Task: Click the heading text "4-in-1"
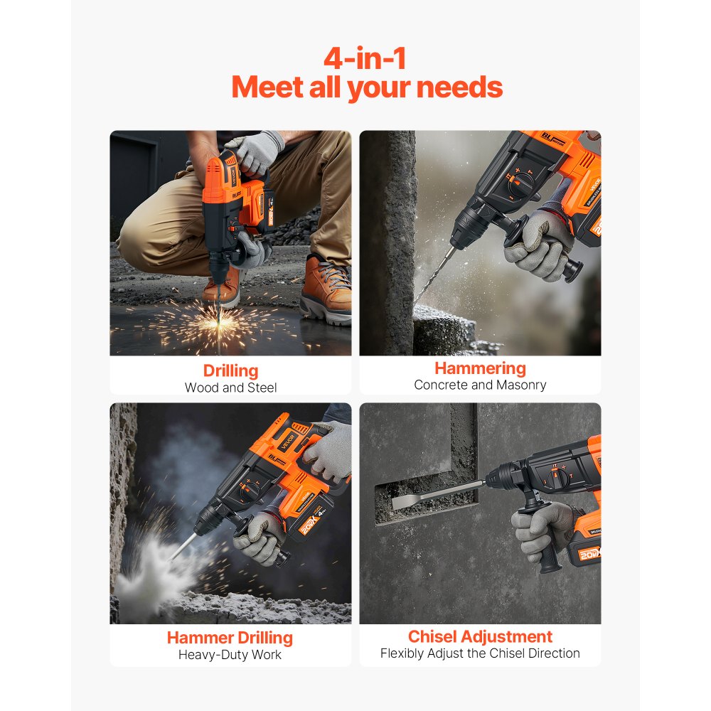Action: (365, 58)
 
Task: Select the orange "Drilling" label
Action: (230, 370)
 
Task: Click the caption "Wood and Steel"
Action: (230, 387)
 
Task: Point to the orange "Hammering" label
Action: (480, 368)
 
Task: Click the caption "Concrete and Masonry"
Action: (480, 385)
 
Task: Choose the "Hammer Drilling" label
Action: (230, 637)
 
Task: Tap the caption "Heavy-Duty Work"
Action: (230, 654)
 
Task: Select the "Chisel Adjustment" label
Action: (480, 636)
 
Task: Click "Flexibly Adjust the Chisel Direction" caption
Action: (480, 653)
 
